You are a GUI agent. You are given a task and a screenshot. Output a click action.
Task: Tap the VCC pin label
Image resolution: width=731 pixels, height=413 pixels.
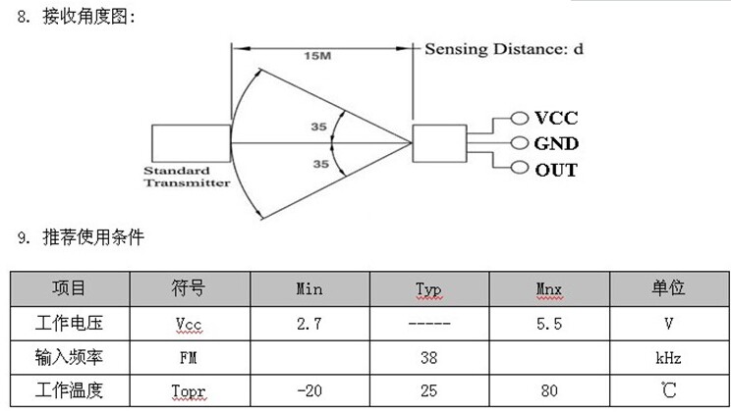[556, 118]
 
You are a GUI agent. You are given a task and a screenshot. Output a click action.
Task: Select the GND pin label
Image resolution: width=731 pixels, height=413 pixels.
[556, 143]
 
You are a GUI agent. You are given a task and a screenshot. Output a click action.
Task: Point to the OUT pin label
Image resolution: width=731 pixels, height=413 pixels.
[556, 170]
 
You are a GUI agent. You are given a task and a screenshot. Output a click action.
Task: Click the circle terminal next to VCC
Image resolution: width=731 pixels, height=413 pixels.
[519, 118]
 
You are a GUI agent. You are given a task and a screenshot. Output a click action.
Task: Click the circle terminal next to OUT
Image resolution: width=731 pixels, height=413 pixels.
[519, 169]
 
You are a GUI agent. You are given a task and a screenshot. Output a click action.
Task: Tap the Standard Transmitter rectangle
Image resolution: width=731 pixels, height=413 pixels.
[191, 143]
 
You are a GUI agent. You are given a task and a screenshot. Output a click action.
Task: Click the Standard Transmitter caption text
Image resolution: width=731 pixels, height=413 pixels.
[186, 176]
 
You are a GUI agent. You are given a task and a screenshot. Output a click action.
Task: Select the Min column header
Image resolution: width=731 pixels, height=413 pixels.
[309, 289]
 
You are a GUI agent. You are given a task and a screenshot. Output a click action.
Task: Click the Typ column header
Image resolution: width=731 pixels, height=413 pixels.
[428, 289]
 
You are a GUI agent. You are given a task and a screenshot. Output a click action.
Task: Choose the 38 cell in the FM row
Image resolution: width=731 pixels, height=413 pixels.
[428, 358]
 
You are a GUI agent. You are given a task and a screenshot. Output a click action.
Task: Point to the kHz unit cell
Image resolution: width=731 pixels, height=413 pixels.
[668, 358]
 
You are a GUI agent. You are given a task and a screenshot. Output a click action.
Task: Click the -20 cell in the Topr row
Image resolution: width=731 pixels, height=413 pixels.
[309, 392]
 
